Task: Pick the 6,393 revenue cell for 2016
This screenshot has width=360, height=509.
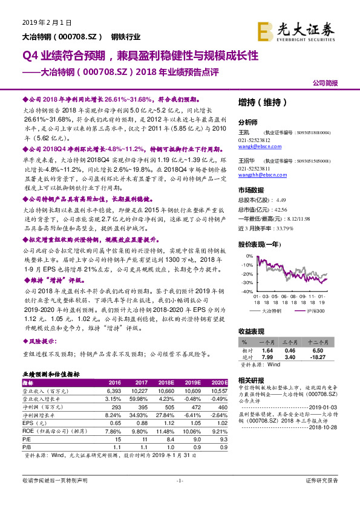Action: coord(114,391)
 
